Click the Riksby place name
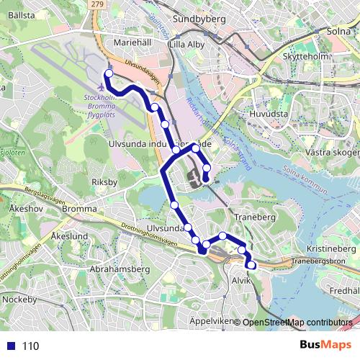105,182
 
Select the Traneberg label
251,215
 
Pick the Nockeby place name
19,298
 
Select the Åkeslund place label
71,236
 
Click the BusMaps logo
325,346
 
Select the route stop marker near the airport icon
109,74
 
